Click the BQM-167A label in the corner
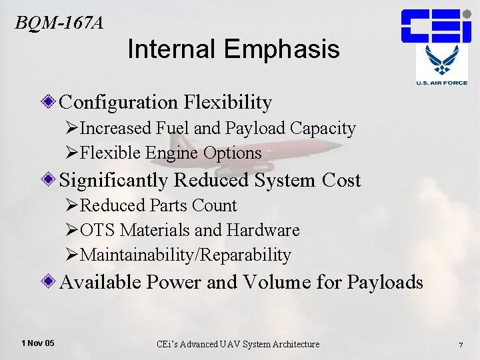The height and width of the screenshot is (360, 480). point(59,23)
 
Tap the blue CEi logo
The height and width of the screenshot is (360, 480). point(436,26)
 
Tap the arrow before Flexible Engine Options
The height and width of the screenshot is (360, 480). point(73,153)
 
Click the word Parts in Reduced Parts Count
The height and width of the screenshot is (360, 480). point(168,205)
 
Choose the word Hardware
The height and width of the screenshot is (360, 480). point(263,230)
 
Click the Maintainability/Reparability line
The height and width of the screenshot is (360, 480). point(185,255)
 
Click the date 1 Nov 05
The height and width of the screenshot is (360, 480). point(38,343)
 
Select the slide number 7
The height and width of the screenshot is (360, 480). point(461,344)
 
